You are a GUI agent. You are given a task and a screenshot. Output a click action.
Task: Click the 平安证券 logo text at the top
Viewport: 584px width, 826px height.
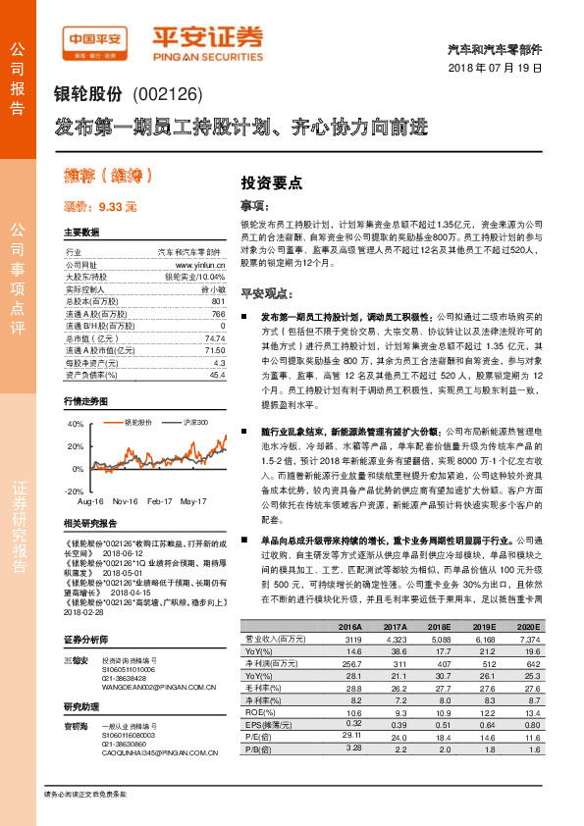[206, 36]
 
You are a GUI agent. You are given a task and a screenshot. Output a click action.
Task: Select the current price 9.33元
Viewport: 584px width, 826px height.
[100, 207]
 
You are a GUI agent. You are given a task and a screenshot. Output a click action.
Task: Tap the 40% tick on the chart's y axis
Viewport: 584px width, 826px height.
[76, 425]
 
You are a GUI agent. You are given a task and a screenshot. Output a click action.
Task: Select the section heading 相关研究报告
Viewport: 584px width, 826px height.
[93, 526]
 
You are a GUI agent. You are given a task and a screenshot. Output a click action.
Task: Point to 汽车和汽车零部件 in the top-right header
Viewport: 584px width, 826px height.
[502, 48]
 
